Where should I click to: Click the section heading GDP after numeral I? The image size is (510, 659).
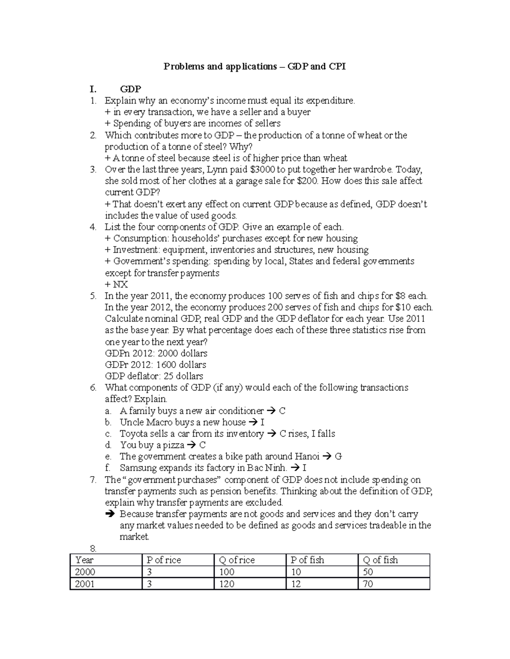coord(130,89)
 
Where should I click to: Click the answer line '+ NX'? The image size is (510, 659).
coord(116,284)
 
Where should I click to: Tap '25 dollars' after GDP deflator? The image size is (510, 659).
coord(183,376)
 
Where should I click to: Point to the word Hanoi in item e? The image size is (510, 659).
coord(306,457)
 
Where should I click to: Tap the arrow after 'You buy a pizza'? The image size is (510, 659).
coord(191,445)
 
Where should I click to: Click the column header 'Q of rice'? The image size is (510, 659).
coord(236,560)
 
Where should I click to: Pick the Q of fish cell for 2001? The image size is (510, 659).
coord(368,584)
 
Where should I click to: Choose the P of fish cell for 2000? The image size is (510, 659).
coord(296,572)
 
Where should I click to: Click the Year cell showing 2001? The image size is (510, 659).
coord(85,584)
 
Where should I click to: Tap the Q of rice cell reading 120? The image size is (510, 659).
coord(227,584)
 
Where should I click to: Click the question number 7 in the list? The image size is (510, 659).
coord(93,480)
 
